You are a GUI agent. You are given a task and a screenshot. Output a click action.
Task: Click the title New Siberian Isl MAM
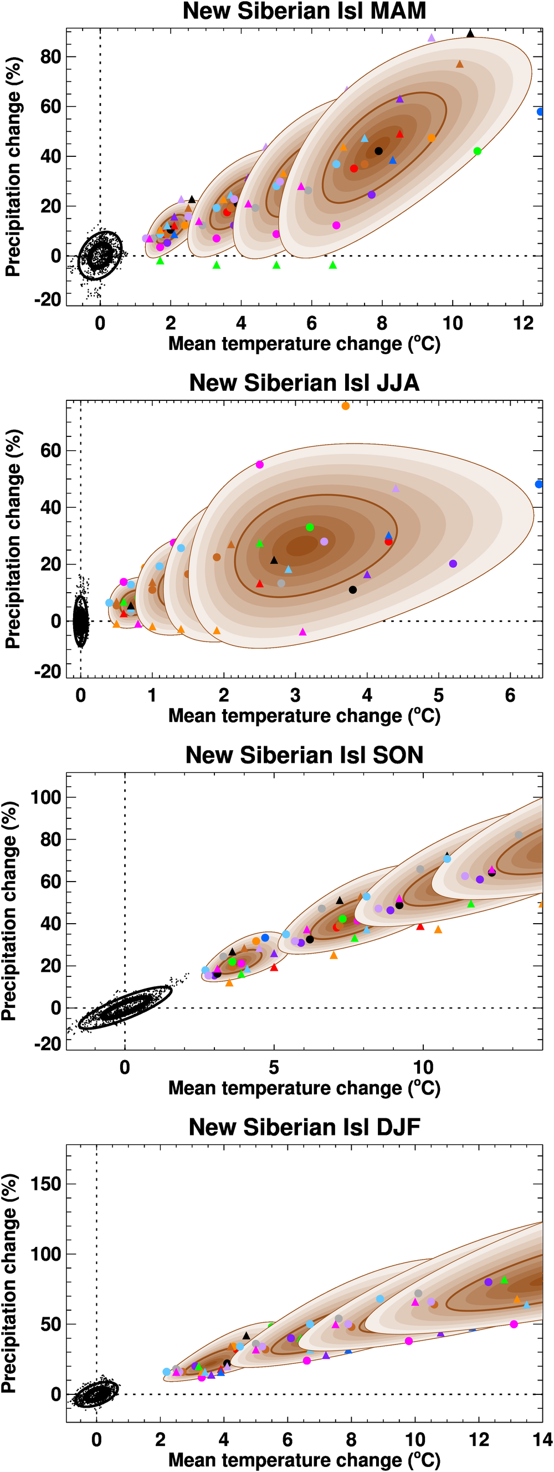[x=304, y=12]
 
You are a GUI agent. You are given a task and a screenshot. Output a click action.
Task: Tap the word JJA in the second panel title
[x=397, y=383]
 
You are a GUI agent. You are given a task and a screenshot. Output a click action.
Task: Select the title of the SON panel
[x=304, y=755]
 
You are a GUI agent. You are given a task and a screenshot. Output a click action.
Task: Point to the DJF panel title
[x=304, y=1127]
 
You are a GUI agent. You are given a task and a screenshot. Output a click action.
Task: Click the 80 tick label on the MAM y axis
[x=50, y=57]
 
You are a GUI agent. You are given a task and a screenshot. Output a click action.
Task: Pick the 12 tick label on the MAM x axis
[x=522, y=323]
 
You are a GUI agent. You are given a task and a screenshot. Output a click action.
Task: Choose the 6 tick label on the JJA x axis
[x=510, y=695]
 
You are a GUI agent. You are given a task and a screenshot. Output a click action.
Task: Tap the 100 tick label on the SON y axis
[x=45, y=797]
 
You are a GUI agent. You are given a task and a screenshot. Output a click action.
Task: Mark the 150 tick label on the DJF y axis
[x=45, y=1184]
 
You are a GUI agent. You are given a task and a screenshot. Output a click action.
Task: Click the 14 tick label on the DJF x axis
[x=542, y=1439]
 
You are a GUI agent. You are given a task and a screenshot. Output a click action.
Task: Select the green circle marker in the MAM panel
[x=478, y=151]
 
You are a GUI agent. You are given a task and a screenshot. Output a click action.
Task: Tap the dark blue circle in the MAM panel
[x=540, y=112]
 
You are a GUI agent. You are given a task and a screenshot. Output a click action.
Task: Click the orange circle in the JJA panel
[x=346, y=406]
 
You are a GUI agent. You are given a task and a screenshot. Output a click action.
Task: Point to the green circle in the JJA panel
[x=310, y=527]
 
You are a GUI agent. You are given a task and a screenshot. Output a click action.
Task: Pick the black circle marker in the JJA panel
[x=352, y=590]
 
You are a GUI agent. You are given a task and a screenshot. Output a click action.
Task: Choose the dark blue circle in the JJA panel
[x=538, y=485]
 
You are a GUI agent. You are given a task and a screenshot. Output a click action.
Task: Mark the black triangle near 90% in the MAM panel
[x=470, y=34]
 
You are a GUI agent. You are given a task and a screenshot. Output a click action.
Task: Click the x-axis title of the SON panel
[x=304, y=1087]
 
